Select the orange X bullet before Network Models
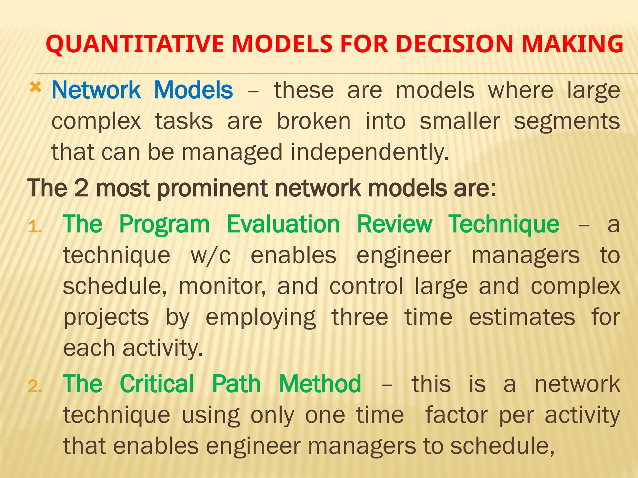(36, 88)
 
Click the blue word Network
(96, 90)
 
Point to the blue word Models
(193, 90)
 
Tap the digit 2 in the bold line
(81, 188)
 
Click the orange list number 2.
(35, 387)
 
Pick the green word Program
(164, 225)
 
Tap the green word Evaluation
(283, 224)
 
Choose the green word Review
(394, 224)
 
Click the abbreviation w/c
(211, 255)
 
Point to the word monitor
(222, 287)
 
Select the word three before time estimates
(359, 317)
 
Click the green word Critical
(157, 384)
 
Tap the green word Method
(320, 384)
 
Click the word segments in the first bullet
(567, 122)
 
